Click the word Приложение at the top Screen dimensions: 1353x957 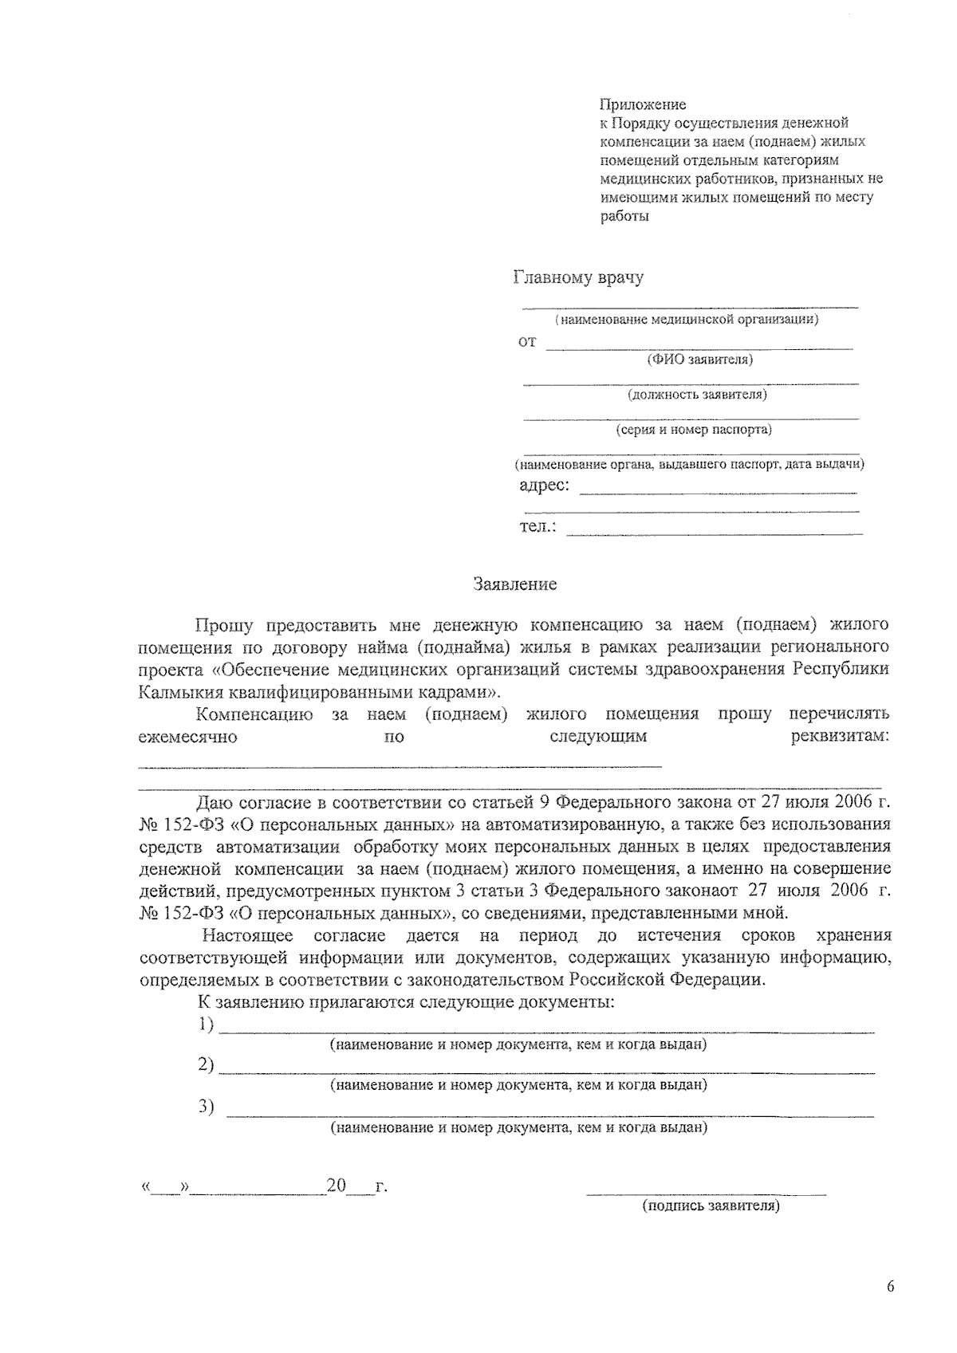pos(642,104)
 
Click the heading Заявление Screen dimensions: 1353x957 pos(515,584)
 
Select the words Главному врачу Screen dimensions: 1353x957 pos(578,278)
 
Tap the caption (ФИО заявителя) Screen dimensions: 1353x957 pos(699,360)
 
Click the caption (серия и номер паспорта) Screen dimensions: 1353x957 pos(694,430)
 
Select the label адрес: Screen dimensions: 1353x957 pos(544,485)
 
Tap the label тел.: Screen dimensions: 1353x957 pos(538,527)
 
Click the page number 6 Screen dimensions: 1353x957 pos(890,1287)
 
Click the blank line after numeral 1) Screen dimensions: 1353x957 pos(546,1032)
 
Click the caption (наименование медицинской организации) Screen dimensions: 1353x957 pos(687,321)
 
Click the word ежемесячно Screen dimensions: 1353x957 pos(187,737)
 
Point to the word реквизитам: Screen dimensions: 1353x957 pos(839,737)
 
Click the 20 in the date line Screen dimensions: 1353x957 pos(336,1186)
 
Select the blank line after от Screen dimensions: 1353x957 pos(699,348)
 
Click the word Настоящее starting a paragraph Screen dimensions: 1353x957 pos(247,935)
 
